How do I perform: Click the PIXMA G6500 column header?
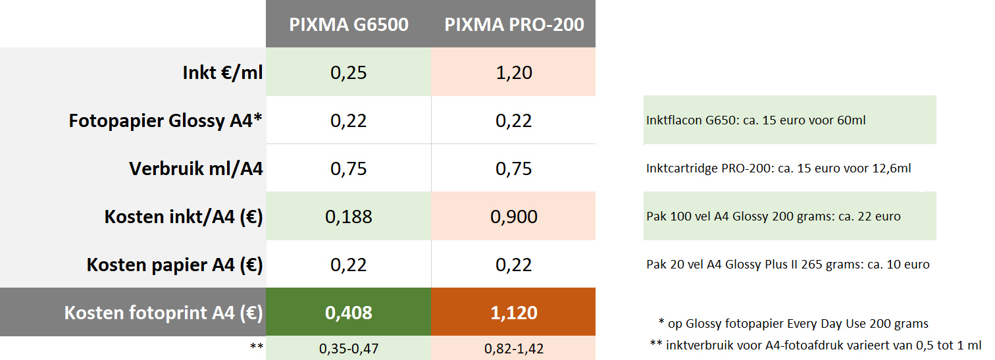[x=349, y=25]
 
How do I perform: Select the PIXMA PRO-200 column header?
[x=514, y=25]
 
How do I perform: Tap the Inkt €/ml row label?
[x=222, y=72]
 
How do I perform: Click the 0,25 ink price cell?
[x=349, y=72]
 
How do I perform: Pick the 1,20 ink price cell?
[x=514, y=72]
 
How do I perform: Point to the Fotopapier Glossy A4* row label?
[x=166, y=121]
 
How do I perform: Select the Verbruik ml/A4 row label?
[x=196, y=169]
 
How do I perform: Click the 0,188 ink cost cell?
[x=349, y=217]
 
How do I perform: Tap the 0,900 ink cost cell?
[x=514, y=217]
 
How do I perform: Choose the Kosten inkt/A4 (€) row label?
[x=184, y=217]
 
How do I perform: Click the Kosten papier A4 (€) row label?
[x=175, y=265]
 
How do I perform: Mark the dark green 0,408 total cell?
[x=349, y=313]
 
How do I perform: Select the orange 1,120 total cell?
[x=514, y=313]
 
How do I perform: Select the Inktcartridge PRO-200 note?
[x=778, y=169]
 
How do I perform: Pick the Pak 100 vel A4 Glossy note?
[x=773, y=217]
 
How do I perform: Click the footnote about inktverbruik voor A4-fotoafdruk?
[x=815, y=345]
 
